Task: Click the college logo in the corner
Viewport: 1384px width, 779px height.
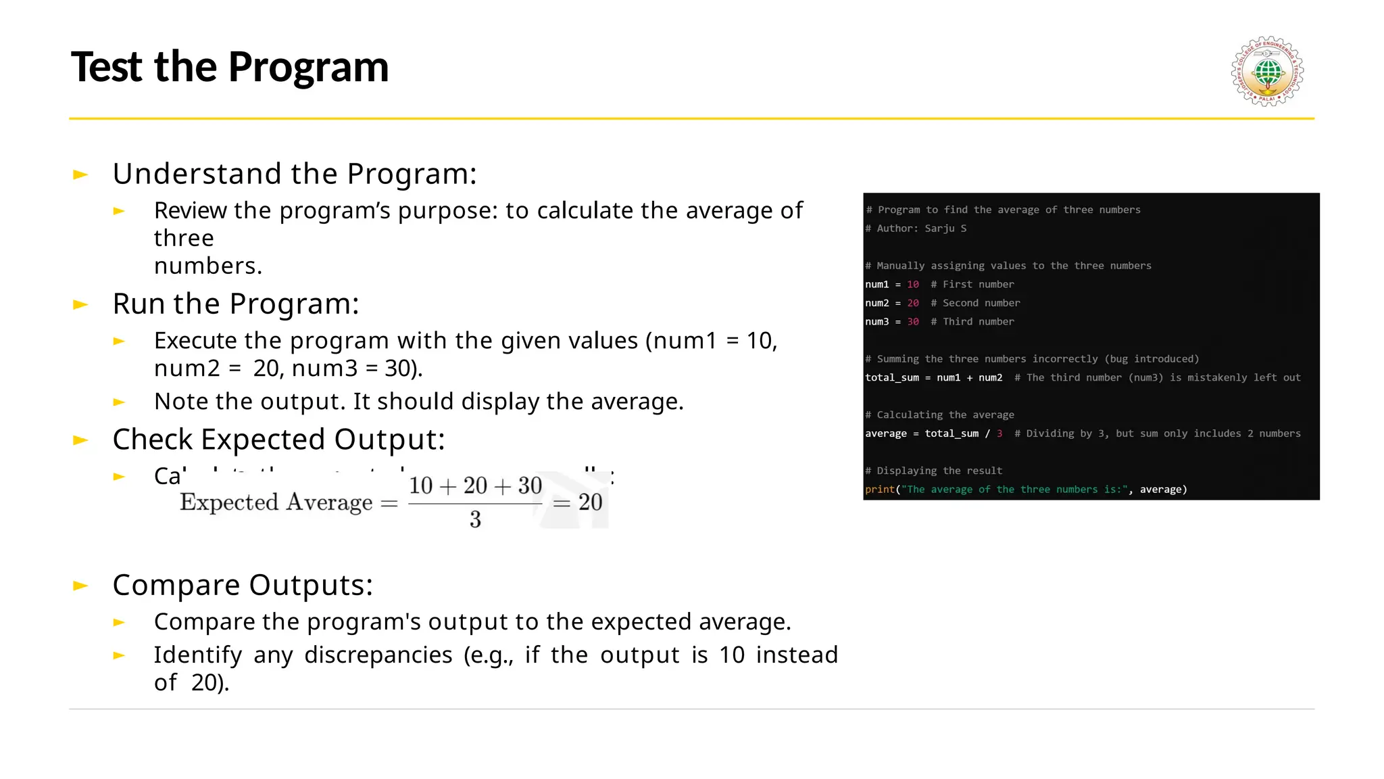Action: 1267,72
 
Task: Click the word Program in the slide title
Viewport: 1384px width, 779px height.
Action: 308,67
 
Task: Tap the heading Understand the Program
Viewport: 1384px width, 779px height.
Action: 295,174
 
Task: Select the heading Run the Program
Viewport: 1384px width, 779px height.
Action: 235,304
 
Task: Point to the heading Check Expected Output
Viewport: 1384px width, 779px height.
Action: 278,440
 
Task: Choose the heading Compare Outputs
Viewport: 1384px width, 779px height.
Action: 243,585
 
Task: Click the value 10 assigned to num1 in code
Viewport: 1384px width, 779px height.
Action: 912,285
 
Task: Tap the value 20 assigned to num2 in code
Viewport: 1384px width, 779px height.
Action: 912,303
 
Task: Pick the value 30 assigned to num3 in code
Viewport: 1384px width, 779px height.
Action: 912,322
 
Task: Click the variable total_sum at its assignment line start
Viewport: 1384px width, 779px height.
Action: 891,377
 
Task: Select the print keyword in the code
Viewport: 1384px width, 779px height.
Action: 879,490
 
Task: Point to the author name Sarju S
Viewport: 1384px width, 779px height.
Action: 945,229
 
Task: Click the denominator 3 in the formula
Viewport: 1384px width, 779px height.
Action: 475,519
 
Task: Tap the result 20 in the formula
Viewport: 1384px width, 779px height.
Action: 590,502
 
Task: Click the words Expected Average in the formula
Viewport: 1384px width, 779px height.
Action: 276,502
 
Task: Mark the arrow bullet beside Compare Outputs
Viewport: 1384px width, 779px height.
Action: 80,586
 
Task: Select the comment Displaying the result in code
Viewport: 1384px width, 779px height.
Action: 939,471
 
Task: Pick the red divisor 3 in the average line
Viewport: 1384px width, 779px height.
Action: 999,433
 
